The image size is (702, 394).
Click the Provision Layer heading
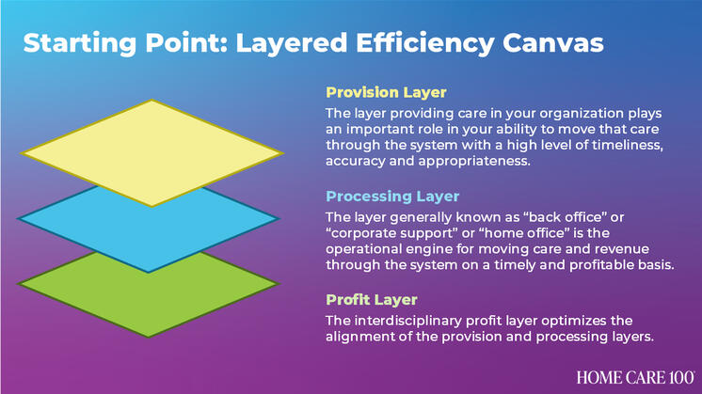(386, 93)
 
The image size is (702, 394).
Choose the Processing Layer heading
(392, 197)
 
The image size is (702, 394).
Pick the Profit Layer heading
(373, 300)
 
